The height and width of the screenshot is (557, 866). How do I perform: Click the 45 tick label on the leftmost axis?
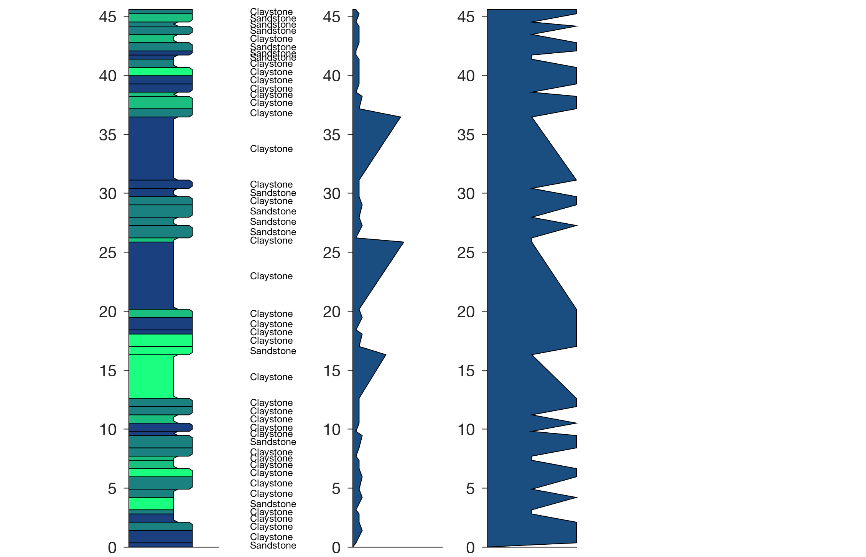(107, 17)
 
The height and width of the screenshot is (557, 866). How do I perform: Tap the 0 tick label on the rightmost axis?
(470, 547)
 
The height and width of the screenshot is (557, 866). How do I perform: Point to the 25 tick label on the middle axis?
(331, 253)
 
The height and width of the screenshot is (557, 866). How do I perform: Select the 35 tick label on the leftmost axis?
(107, 135)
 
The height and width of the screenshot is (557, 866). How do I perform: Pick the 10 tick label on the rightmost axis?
(466, 430)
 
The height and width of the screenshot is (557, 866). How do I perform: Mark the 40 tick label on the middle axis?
(331, 76)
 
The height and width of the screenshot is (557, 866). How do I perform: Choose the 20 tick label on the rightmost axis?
(466, 312)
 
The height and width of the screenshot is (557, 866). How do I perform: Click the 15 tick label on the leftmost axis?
(107, 371)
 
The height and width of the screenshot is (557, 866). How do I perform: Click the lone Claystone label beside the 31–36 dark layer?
(271, 149)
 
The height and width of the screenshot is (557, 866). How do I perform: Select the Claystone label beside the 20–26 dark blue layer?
(271, 276)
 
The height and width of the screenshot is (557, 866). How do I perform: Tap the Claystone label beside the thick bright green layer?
(271, 377)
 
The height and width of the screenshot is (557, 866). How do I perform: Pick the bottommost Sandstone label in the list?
(273, 545)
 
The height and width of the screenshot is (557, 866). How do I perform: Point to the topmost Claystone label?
(271, 12)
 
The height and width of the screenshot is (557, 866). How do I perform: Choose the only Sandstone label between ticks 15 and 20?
(273, 351)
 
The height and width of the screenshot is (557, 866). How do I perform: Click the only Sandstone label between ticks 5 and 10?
(273, 442)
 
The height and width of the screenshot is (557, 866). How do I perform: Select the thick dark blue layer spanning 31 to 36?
(151, 148)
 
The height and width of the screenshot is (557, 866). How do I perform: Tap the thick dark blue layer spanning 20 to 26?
(151, 275)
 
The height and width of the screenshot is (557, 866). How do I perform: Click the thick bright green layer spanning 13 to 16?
(151, 376)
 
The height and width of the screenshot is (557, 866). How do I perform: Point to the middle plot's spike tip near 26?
(403, 242)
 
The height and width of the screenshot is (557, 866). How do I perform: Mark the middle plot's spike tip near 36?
(400, 117)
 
